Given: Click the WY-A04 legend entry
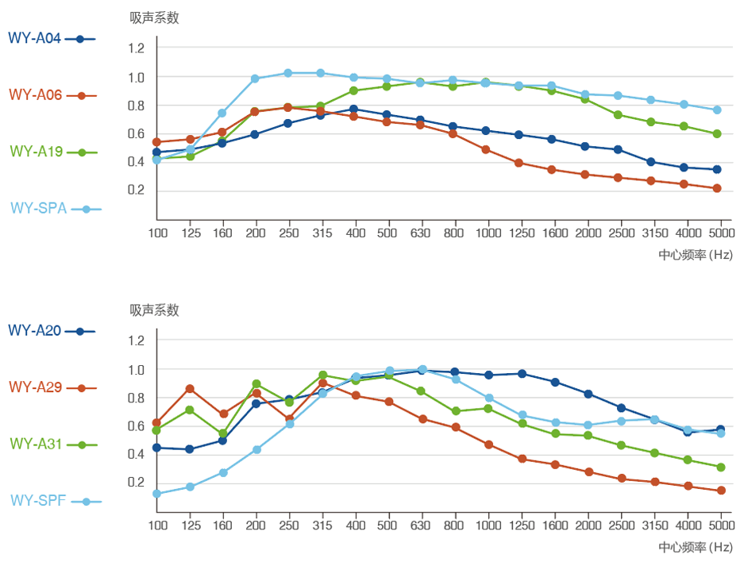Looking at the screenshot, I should pos(36,38).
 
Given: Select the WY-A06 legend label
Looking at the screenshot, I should pos(36,94).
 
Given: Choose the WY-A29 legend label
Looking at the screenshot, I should pos(36,387).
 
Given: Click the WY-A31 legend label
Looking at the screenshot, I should pos(36,445).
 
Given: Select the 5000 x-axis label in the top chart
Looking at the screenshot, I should pos(720,233).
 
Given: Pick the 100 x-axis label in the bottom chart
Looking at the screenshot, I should pos(157,525).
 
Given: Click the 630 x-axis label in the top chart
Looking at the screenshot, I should pos(421,233).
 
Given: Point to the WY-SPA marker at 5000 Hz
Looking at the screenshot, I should pos(717,110).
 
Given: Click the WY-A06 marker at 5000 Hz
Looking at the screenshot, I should pos(717,188).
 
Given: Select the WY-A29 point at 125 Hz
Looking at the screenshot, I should pos(190,388).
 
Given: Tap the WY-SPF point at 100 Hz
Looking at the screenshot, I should pos(156,494).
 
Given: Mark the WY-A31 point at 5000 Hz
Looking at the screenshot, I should pos(721,467).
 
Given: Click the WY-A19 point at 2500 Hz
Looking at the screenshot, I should pos(618,114).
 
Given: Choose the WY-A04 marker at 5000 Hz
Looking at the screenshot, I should pos(717,169).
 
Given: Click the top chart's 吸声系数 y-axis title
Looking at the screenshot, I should pos(155,17).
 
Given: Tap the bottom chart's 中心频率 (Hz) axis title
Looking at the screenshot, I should pos(696,547).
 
